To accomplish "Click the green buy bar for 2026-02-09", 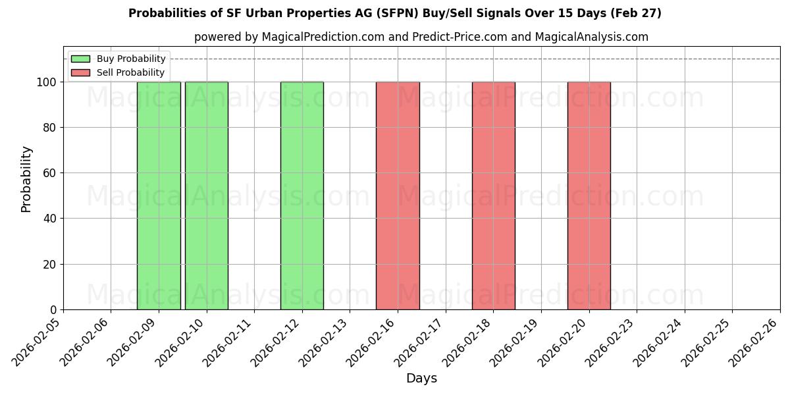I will click(x=159, y=196).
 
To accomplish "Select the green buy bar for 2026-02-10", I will click(x=207, y=196).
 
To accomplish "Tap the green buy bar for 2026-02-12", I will click(x=302, y=196).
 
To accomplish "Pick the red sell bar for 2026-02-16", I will click(x=398, y=196).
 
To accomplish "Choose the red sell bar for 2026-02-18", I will click(x=494, y=196).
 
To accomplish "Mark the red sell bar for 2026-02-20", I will click(x=589, y=196).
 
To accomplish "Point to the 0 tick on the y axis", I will click(x=55, y=310).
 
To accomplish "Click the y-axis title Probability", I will click(x=26, y=178).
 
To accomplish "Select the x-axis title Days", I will click(x=421, y=379).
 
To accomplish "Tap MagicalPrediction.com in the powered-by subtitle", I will click(x=323, y=37).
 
